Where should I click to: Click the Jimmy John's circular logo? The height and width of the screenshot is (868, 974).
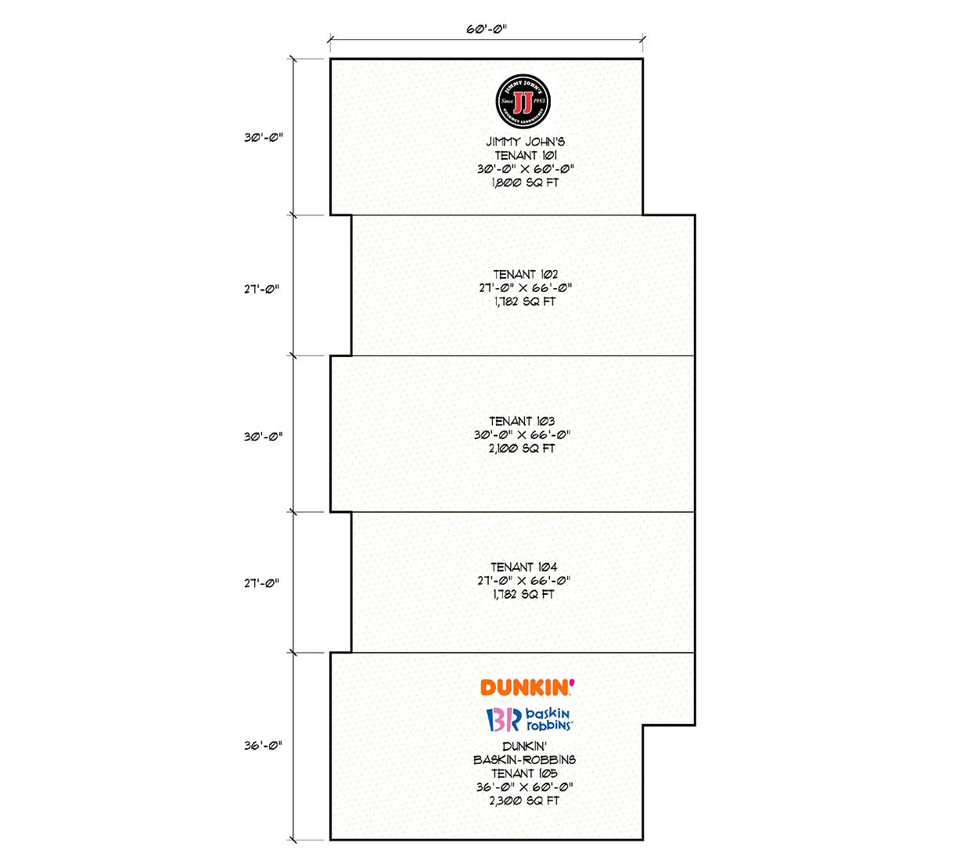pyautogui.click(x=523, y=102)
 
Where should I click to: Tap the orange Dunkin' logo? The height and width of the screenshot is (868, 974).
pyautogui.click(x=527, y=687)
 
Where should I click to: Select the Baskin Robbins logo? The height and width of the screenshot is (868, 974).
pyautogui.click(x=530, y=719)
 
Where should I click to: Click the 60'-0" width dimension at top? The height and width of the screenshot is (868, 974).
pyautogui.click(x=487, y=29)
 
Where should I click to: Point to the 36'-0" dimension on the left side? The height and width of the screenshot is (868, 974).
pyautogui.click(x=263, y=745)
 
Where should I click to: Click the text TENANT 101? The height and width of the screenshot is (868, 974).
pyautogui.click(x=526, y=155)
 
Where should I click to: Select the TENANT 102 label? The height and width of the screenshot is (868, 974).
pyautogui.click(x=526, y=274)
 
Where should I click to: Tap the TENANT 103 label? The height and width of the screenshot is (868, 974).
pyautogui.click(x=522, y=421)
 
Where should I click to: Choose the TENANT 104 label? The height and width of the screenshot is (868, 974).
pyautogui.click(x=524, y=567)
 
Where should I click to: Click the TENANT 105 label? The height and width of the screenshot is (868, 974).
pyautogui.click(x=524, y=773)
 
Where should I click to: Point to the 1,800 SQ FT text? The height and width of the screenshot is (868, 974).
pyautogui.click(x=525, y=182)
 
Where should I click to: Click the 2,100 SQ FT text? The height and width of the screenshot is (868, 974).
pyautogui.click(x=522, y=448)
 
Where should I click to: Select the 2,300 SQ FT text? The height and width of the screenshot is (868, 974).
pyautogui.click(x=524, y=800)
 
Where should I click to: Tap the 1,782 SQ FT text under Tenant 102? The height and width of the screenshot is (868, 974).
pyautogui.click(x=525, y=301)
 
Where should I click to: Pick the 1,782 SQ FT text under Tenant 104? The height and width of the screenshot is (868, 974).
pyautogui.click(x=523, y=594)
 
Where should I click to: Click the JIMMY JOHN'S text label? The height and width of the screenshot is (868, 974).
pyautogui.click(x=526, y=142)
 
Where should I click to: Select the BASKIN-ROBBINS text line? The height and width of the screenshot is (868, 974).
pyautogui.click(x=524, y=760)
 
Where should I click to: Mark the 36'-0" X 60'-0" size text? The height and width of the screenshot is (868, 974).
pyautogui.click(x=524, y=787)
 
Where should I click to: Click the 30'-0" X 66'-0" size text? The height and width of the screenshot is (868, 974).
pyautogui.click(x=522, y=434)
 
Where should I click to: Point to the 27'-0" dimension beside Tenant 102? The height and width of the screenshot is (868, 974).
pyautogui.click(x=261, y=290)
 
